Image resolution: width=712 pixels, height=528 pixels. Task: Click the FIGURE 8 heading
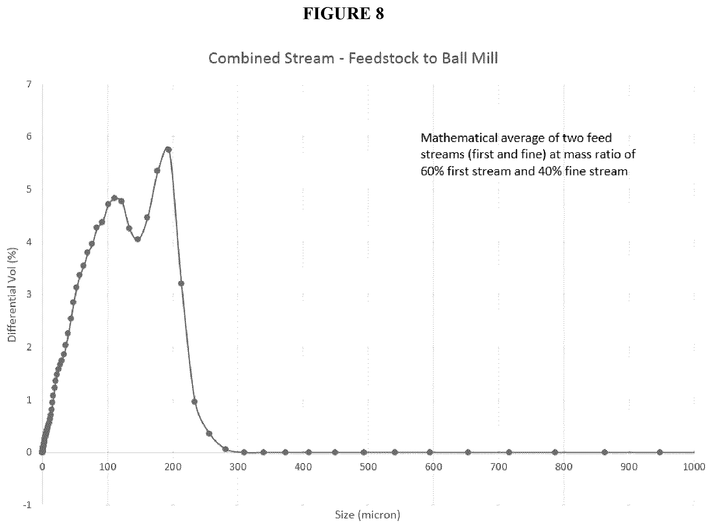(x=343, y=14)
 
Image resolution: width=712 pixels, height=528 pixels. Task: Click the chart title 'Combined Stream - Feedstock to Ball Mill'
(x=353, y=58)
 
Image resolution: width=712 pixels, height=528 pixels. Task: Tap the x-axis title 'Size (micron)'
(x=368, y=515)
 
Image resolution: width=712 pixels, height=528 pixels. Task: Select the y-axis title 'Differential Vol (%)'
(x=13, y=294)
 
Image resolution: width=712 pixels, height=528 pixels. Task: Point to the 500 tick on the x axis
(x=368, y=467)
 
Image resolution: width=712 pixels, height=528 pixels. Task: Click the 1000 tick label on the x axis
(x=694, y=467)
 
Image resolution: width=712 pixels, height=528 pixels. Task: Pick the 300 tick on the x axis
(x=238, y=467)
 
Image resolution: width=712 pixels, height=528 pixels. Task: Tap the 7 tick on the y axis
(x=29, y=84)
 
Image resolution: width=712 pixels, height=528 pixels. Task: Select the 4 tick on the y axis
(x=29, y=242)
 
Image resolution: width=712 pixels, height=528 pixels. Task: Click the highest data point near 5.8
(x=168, y=149)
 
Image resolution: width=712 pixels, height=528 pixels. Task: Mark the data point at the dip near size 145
(x=138, y=239)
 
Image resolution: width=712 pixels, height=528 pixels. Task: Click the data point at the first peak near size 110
(x=114, y=198)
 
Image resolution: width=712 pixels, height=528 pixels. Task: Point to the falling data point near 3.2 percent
(x=181, y=283)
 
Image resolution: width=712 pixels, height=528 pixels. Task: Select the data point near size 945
(x=660, y=452)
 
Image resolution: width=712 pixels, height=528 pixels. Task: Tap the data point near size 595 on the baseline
(x=430, y=452)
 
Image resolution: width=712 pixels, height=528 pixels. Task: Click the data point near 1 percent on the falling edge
(x=194, y=402)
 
